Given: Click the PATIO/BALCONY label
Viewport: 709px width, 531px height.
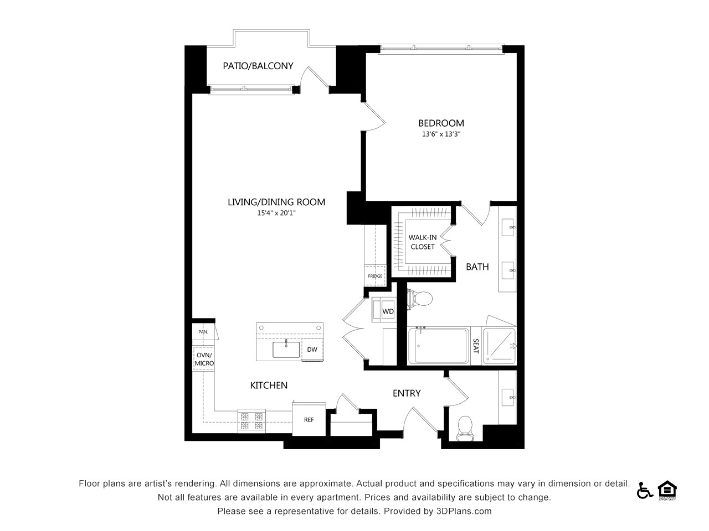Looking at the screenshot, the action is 258,66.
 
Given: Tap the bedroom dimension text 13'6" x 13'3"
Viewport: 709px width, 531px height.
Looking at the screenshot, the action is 441,134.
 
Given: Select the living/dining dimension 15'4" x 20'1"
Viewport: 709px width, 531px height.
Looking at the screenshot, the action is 276,213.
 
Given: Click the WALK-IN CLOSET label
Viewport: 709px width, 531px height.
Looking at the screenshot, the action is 423,242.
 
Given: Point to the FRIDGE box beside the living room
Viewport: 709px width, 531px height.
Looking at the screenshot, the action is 375,275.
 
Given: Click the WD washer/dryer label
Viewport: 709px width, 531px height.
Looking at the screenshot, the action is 388,311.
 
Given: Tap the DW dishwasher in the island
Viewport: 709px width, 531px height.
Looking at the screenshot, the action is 312,350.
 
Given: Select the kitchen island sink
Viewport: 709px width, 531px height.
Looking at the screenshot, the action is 286,350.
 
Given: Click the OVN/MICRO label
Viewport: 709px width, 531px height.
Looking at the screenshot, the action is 204,359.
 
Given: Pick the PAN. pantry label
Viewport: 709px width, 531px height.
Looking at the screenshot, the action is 203,331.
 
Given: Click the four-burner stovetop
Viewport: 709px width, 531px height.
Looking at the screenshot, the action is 251,421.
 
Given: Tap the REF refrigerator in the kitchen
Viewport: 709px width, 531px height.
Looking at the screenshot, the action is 309,419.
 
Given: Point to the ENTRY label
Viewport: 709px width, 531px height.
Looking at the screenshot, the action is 407,393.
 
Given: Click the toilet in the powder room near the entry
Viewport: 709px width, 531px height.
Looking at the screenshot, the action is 465,429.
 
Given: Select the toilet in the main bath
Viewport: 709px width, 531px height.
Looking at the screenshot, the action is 420,299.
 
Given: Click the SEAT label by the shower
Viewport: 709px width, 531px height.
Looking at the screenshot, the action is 476,346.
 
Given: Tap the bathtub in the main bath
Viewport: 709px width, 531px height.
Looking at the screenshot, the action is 439,346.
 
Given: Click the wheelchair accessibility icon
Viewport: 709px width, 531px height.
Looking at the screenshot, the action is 645,491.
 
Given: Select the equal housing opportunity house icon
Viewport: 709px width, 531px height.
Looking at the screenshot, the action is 667,490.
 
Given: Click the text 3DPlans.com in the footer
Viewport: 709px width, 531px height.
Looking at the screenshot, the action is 464,511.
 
